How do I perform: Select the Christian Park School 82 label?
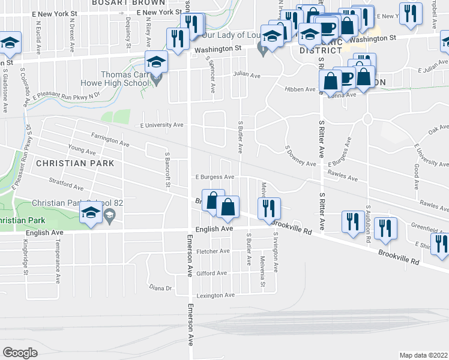77,203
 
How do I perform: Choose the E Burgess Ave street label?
214,177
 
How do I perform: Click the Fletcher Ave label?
213,251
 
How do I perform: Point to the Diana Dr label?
160,288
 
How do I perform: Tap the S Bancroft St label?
168,169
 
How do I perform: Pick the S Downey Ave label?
300,155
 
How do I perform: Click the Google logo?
20,353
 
